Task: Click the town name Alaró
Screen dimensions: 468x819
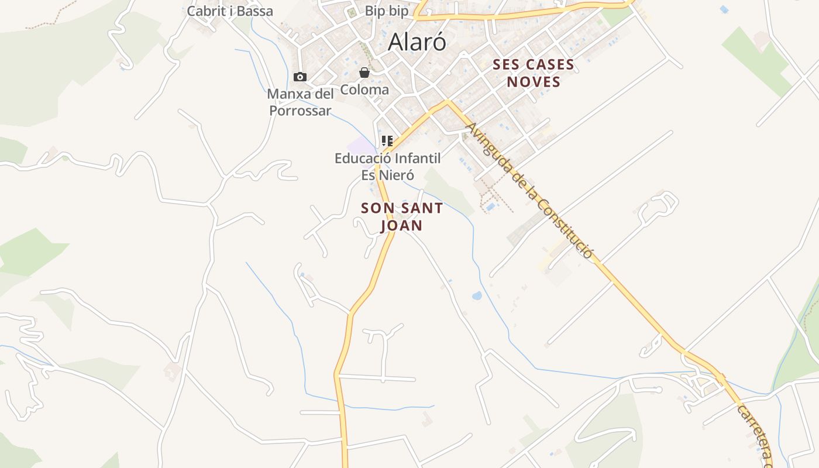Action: [417, 42]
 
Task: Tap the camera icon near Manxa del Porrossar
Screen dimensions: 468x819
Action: [300, 77]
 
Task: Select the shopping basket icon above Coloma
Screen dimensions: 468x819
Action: [364, 73]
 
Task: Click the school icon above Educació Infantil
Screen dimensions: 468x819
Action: [387, 141]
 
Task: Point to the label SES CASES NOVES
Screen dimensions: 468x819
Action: [534, 73]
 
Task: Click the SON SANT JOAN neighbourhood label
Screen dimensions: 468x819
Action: [402, 216]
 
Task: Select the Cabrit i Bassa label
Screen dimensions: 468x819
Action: [230, 11]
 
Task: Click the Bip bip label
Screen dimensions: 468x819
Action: [387, 11]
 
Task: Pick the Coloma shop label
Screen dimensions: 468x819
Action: [364, 90]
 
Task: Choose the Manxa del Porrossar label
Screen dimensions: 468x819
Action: [300, 102]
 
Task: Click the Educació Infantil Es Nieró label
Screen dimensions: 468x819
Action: [387, 166]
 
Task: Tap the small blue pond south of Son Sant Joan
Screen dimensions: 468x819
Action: [477, 295]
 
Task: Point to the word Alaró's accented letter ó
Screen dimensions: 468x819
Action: [439, 42]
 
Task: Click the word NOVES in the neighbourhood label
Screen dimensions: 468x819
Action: [534, 82]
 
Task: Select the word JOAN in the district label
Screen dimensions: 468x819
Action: [402, 225]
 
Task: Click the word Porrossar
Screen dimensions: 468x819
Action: [300, 111]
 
